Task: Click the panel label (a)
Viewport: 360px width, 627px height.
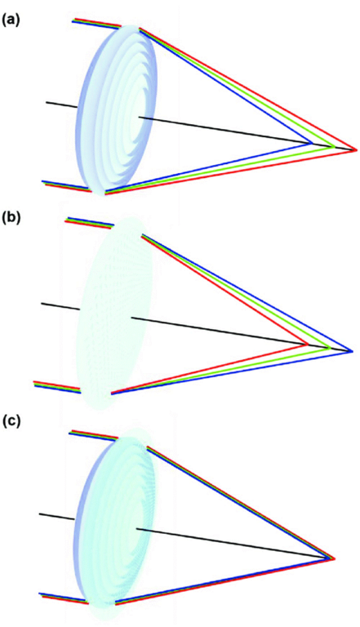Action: pyautogui.click(x=11, y=20)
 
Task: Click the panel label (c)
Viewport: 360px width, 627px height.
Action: pyautogui.click(x=11, y=423)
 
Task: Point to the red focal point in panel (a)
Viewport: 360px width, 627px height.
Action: pyautogui.click(x=355, y=150)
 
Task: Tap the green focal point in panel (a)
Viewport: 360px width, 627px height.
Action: pyautogui.click(x=334, y=147)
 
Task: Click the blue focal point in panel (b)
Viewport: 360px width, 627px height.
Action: pyautogui.click(x=351, y=351)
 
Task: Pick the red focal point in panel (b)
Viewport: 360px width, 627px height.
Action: pyautogui.click(x=307, y=344)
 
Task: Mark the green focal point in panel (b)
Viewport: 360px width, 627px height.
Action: pyautogui.click(x=329, y=348)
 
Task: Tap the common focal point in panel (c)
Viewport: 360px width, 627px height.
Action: pyautogui.click(x=332, y=558)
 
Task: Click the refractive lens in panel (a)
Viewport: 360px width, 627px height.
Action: pyautogui.click(x=117, y=110)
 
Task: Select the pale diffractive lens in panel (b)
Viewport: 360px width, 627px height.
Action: pyautogui.click(x=115, y=313)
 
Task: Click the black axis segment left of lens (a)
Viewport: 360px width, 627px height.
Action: pyautogui.click(x=61, y=104)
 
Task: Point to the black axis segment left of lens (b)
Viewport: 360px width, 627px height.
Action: pyautogui.click(x=60, y=306)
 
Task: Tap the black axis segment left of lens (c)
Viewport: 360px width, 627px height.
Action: pyautogui.click(x=57, y=517)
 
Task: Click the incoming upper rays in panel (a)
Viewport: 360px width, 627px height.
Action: pyautogui.click(x=96, y=24)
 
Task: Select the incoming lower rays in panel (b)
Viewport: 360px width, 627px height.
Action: pyautogui.click(x=58, y=387)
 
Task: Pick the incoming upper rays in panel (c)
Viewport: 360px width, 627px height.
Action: pyautogui.click(x=94, y=435)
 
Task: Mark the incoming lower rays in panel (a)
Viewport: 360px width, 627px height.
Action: pyautogui.click(x=67, y=186)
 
